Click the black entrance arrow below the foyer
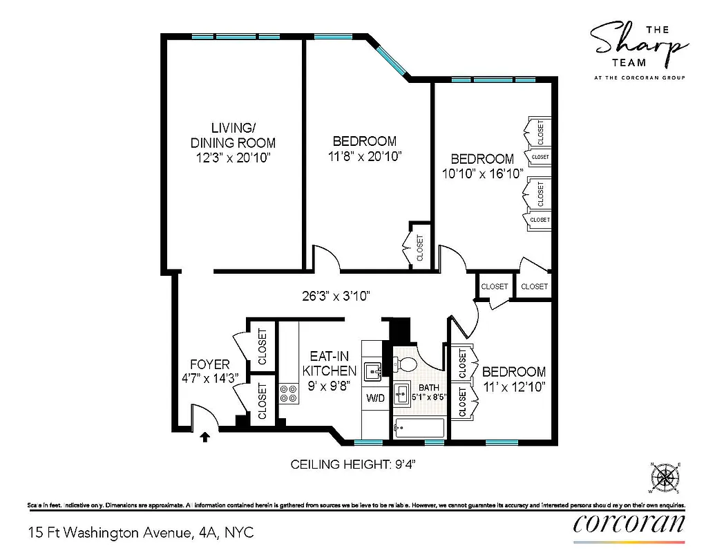(x=204, y=437)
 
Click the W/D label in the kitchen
(x=376, y=399)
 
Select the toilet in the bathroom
(x=406, y=364)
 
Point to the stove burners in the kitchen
(x=289, y=394)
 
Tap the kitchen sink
(x=374, y=371)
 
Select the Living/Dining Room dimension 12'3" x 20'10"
(x=233, y=158)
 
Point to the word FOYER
(x=210, y=364)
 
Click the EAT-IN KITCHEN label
(x=330, y=364)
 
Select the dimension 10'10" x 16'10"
(x=483, y=174)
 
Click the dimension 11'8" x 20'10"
(x=365, y=156)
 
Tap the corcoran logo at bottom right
(x=629, y=524)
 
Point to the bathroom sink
(x=402, y=395)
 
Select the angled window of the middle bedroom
(x=392, y=57)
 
